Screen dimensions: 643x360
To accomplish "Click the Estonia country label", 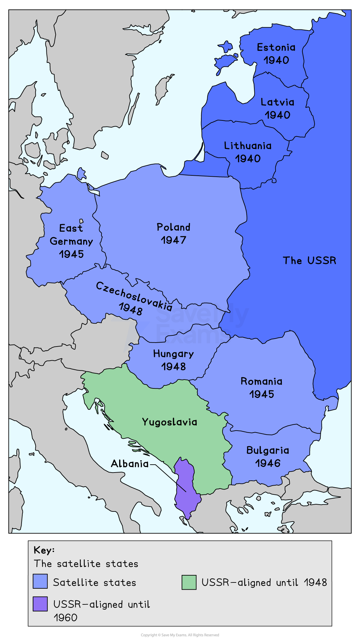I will [x=276, y=47].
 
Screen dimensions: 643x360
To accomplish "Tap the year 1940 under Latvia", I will [x=278, y=115].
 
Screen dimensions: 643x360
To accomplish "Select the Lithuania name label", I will [x=248, y=146].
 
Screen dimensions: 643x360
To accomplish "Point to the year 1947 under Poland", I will [x=173, y=240].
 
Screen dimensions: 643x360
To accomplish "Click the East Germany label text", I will [x=71, y=235].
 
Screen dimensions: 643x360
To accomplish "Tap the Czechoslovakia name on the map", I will [x=134, y=296].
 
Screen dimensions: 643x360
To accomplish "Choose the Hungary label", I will [x=173, y=354].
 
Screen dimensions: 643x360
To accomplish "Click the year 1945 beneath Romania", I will [x=261, y=394].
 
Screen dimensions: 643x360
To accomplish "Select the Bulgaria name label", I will [x=268, y=450].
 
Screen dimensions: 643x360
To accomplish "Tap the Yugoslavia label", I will [x=170, y=422].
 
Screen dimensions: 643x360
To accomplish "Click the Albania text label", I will [x=130, y=464].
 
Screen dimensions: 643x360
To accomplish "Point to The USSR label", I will [x=309, y=260].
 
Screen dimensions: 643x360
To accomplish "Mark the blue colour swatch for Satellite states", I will [x=40, y=581].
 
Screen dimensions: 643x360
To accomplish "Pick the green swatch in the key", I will [x=189, y=582].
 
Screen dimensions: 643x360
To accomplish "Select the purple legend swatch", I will [x=40, y=604].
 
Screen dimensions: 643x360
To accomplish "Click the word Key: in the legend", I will [x=44, y=550].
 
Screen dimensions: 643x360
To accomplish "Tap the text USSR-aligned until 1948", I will [x=264, y=582].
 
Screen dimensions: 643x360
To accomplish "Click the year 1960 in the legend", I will [x=65, y=618].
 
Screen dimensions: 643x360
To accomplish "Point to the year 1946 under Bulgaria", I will [x=268, y=463].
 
